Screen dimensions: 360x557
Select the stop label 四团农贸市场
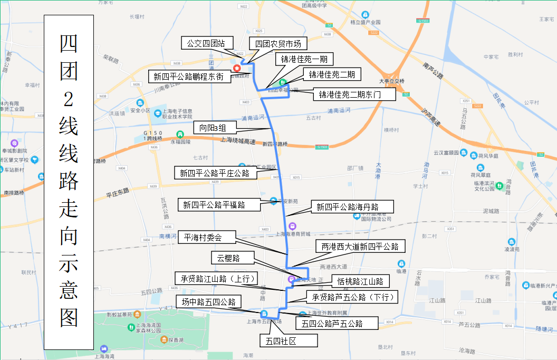(277, 43)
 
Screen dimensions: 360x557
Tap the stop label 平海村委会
(203, 238)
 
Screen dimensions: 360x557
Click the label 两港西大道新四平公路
(360, 247)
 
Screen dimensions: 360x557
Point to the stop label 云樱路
(232, 258)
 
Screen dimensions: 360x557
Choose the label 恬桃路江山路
(360, 281)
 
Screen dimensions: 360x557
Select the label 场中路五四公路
(208, 302)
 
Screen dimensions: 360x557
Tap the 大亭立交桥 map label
(391, 81)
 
